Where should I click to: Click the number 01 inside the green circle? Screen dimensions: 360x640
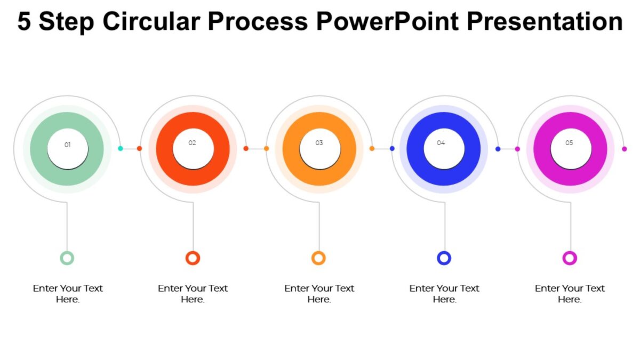[x=68, y=145]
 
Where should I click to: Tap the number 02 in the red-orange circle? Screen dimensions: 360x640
[x=193, y=143]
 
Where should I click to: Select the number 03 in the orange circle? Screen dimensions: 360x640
[x=319, y=143]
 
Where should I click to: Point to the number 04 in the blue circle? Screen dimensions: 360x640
[x=441, y=143]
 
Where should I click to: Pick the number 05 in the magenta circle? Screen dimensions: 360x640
[x=569, y=143]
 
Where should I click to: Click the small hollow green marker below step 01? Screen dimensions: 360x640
[x=67, y=258]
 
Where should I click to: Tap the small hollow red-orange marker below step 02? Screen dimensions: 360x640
[x=193, y=258]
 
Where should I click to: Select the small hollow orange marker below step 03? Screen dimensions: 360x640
[x=318, y=258]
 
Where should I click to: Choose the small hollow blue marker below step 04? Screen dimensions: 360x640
[x=444, y=258]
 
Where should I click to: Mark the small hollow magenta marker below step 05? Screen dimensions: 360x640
[x=570, y=258]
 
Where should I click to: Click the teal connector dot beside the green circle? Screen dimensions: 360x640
[x=121, y=148]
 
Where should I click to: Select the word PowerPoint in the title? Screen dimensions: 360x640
[x=387, y=22]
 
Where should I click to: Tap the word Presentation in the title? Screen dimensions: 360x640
[x=545, y=22]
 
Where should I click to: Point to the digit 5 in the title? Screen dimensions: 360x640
[x=24, y=22]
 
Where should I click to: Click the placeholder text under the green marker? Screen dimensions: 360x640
[x=68, y=293]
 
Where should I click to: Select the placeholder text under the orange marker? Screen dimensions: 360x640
[x=319, y=293]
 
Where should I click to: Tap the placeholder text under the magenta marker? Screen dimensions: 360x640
[x=570, y=293]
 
